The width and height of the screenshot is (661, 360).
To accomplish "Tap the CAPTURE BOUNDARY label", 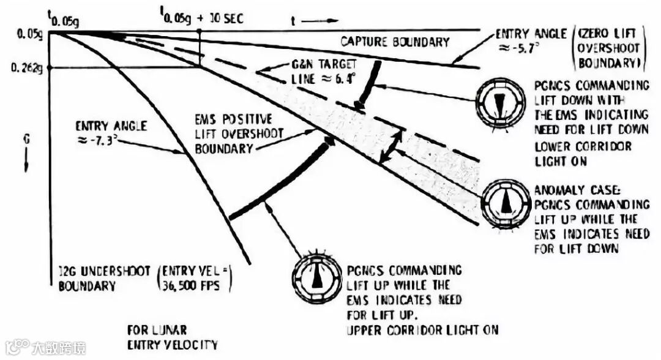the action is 395,42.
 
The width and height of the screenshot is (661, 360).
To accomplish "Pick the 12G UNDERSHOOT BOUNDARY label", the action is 103,279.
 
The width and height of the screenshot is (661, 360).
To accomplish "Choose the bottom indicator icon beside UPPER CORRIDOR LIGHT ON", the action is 316,279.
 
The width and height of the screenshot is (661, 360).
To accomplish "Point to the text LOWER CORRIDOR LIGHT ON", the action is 583,154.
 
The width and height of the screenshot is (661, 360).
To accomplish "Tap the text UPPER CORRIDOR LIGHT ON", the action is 423,330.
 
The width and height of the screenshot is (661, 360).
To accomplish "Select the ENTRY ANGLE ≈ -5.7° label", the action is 530,40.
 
